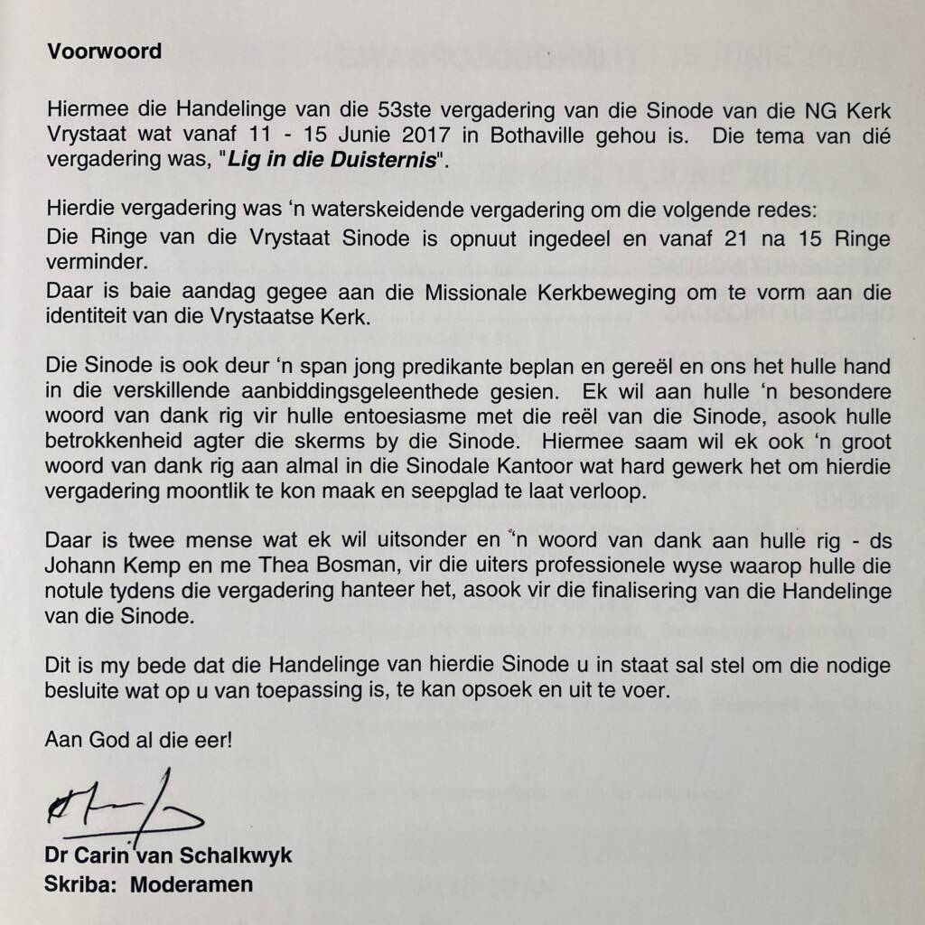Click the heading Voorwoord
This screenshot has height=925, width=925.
pos(104,51)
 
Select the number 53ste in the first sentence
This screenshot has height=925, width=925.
pos(397,112)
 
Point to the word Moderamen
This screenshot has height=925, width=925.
pos(192,884)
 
